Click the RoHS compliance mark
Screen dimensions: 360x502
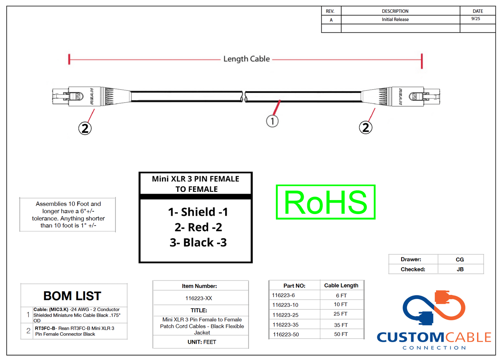[x=326, y=202]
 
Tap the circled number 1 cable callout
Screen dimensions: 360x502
[x=272, y=121]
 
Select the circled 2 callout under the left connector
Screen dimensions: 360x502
[x=85, y=128]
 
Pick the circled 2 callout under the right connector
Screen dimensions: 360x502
[x=365, y=127]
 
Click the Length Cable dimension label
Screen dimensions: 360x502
[x=246, y=59]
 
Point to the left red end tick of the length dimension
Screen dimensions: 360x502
[x=69, y=59]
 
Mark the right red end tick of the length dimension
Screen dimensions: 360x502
[x=422, y=61]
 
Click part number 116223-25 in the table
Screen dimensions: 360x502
[x=285, y=315]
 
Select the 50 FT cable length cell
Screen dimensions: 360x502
[x=340, y=334]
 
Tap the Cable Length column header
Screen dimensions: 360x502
[x=341, y=285]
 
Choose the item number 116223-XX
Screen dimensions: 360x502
[x=199, y=298]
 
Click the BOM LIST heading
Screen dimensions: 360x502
[x=72, y=296]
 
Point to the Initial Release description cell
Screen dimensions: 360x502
[x=395, y=19]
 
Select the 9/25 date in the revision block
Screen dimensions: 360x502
[x=476, y=19]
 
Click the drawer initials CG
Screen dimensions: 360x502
[x=460, y=260]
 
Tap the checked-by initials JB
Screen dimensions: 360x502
[x=460, y=269]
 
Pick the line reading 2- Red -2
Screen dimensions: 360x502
[x=198, y=227]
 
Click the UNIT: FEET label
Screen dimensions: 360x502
[x=202, y=342]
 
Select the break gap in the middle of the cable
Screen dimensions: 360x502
[x=244, y=97]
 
